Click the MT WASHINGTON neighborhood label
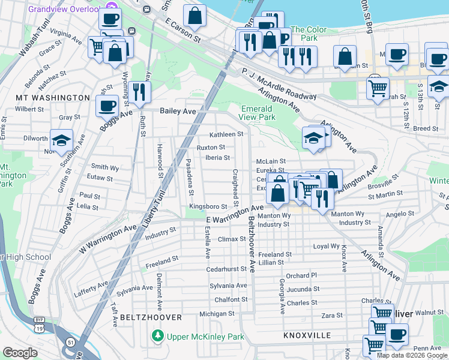53,97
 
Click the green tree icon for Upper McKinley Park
157,336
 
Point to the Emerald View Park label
258,113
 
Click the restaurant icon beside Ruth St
139,92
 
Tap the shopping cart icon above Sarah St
378,88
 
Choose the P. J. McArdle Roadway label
279,84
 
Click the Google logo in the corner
20,353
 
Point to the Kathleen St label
226,134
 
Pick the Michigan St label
217,313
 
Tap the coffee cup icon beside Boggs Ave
107,106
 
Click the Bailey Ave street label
178,111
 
